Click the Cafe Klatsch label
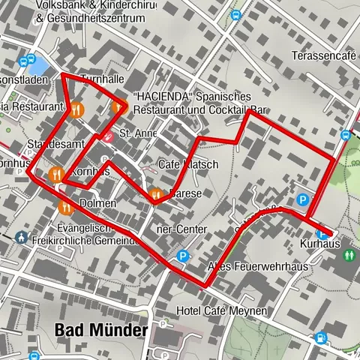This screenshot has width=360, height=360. point(188,164)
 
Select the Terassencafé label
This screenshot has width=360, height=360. point(323,56)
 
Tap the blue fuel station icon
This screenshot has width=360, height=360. point(321,339)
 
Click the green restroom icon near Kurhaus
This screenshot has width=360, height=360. point(349,255)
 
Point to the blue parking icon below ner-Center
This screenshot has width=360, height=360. point(182,256)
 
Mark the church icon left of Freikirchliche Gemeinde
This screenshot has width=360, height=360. point(19,238)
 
